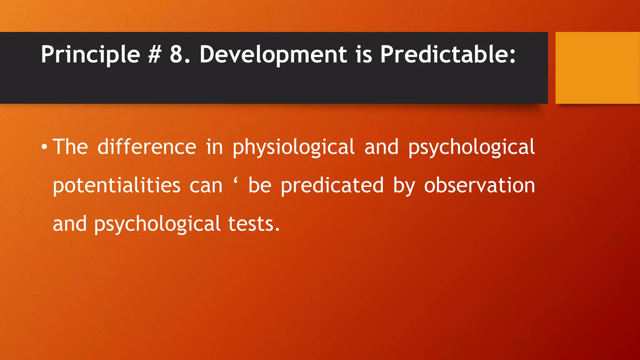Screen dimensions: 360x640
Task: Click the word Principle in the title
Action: click(90, 55)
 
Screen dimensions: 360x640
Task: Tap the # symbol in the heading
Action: click(154, 55)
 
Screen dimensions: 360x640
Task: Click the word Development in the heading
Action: click(273, 55)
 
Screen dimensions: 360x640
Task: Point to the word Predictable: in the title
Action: click(447, 55)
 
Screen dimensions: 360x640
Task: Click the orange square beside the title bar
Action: click(597, 67)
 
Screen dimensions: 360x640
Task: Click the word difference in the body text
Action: click(147, 147)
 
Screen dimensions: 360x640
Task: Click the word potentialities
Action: click(117, 186)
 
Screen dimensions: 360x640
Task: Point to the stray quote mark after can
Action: click(235, 180)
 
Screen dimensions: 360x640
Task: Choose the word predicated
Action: click(332, 186)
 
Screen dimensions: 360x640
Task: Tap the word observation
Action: click(479, 186)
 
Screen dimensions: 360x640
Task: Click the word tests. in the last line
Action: click(254, 224)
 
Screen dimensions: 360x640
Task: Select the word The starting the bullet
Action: click(70, 147)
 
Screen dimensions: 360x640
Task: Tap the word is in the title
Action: click(363, 55)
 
